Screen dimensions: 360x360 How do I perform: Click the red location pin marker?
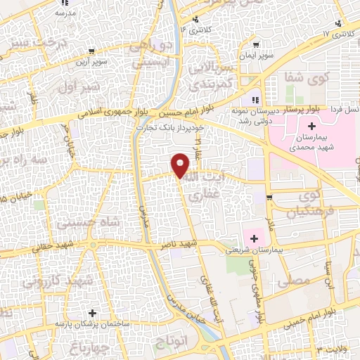[181, 165]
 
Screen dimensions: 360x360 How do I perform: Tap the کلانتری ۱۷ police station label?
[334, 34]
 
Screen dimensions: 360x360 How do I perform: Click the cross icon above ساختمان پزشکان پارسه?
[91, 312]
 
